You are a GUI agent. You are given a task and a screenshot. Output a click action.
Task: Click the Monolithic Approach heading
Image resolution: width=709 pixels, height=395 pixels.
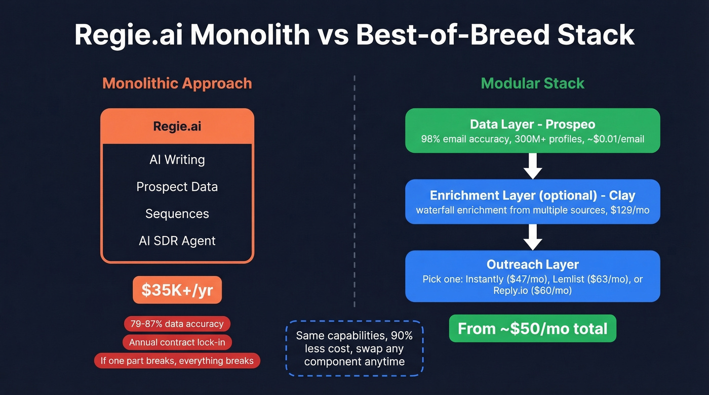coord(177,83)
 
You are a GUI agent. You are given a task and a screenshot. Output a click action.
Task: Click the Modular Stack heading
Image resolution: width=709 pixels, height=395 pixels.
coord(532,83)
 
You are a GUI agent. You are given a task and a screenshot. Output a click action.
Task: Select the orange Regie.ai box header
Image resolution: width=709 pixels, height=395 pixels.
coord(177,126)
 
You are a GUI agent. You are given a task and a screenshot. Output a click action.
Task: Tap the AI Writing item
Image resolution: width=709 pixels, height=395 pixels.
coord(177,160)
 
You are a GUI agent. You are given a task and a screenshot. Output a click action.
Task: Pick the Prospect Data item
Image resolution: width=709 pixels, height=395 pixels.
coord(177,187)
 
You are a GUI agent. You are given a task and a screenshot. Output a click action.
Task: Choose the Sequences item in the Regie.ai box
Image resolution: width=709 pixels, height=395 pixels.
coord(177,214)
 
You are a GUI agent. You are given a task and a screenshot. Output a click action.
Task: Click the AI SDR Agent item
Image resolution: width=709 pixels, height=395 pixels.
coord(177,241)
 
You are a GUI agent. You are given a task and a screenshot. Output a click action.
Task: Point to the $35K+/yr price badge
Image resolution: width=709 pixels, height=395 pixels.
coord(177,290)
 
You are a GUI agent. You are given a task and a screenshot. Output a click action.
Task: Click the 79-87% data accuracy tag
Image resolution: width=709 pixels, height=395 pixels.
coord(177,324)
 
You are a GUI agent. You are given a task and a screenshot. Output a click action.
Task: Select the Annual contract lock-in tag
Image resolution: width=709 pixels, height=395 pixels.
coord(177,342)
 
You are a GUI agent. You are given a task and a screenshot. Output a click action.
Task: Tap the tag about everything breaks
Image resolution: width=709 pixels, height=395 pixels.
coord(177,361)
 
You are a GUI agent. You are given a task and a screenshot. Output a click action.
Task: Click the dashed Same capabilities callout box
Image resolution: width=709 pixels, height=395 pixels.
coord(354,348)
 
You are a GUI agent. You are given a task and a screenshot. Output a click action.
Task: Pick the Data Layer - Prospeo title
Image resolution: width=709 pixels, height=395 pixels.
coord(532,124)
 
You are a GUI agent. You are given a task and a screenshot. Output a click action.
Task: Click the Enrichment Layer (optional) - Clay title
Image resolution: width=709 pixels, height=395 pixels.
coord(532,196)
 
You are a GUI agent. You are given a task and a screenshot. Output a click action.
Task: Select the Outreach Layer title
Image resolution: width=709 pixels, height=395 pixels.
coord(532,265)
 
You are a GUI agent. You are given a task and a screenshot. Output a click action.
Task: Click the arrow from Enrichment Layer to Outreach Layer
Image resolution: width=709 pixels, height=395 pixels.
coord(532,237)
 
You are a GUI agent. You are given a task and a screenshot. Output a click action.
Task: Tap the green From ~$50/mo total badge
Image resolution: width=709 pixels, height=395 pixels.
coord(532,329)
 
